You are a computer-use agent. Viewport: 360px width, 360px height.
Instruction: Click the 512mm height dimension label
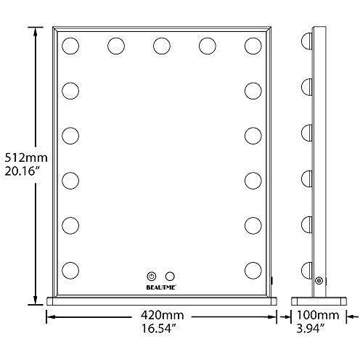click(x=26, y=158)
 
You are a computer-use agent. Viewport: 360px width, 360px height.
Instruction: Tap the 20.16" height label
click(x=22, y=171)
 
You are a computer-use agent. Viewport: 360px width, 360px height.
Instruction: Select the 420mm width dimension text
click(x=163, y=315)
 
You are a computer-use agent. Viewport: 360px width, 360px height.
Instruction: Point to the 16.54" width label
click(x=158, y=329)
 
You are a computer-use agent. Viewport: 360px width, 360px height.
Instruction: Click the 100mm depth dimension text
click(x=318, y=315)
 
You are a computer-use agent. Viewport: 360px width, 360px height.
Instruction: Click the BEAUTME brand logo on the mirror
click(x=161, y=287)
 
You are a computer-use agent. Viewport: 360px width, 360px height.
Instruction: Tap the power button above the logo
click(x=152, y=277)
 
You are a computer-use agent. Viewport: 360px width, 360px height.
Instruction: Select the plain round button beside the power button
click(x=170, y=277)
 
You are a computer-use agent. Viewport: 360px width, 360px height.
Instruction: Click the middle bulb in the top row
click(x=162, y=46)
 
